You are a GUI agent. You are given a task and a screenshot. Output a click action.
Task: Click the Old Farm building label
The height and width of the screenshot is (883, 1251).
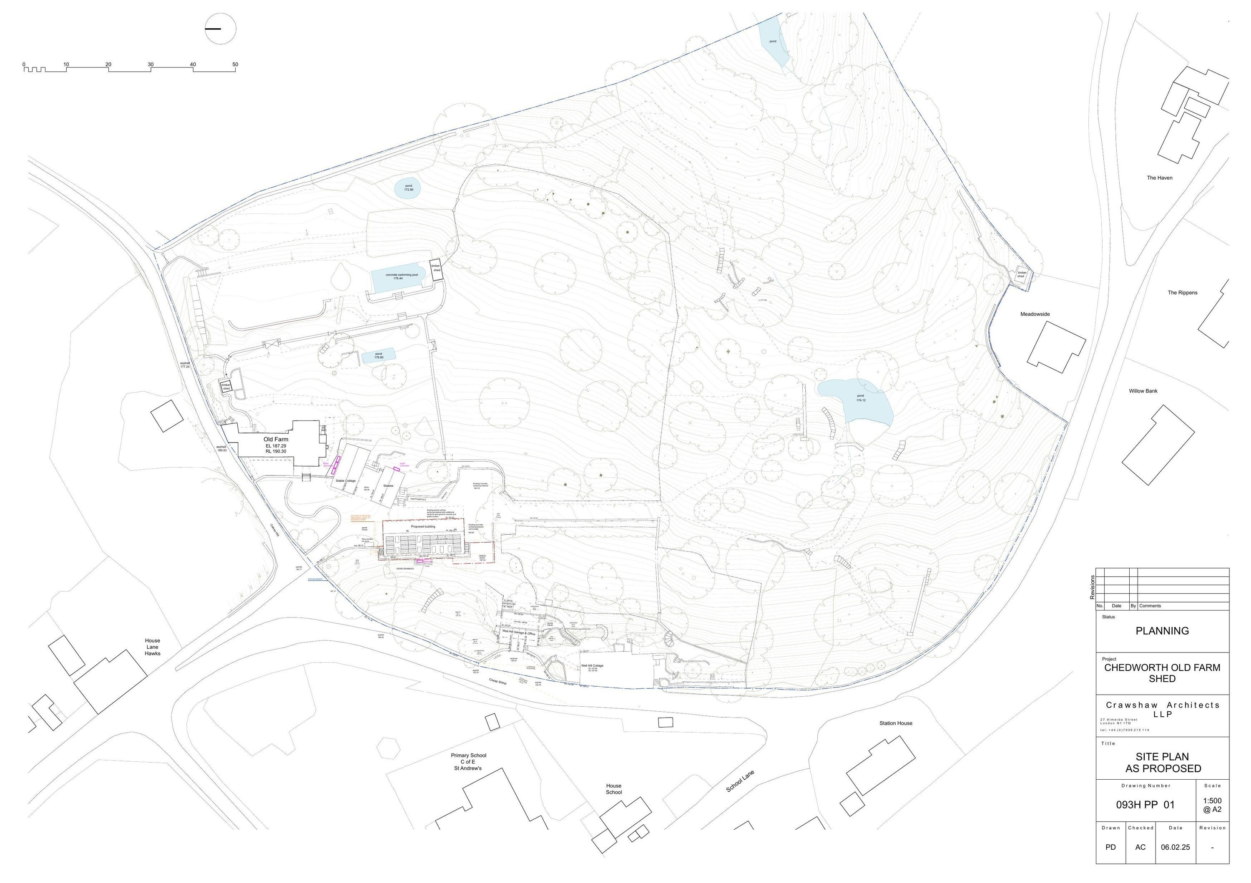(x=276, y=439)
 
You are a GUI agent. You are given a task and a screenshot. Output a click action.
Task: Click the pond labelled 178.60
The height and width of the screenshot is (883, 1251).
(x=378, y=356)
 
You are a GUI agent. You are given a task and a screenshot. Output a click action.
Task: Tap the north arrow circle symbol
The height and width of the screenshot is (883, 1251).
(x=220, y=28)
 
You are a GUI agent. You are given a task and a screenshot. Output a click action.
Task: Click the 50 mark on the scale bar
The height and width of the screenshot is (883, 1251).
(x=235, y=64)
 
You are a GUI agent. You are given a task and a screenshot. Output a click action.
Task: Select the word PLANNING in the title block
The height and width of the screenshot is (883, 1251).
(x=1162, y=631)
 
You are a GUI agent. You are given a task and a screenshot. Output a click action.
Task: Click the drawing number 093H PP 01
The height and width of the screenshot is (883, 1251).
(x=1145, y=804)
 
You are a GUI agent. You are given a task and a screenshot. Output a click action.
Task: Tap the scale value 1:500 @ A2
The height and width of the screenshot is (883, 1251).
(x=1212, y=805)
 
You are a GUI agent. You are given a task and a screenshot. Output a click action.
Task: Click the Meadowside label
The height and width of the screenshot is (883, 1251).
(x=1035, y=314)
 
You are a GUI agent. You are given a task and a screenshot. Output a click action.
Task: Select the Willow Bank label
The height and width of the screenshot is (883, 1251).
(x=1143, y=391)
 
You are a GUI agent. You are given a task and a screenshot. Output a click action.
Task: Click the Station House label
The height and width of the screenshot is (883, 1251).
(x=896, y=723)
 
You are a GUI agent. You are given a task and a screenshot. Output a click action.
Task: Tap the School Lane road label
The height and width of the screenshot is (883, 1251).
(x=740, y=781)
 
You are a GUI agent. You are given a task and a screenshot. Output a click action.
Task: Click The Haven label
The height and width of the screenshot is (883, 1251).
(x=1159, y=178)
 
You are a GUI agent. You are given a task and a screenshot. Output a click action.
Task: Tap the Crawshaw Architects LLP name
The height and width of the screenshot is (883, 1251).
(x=1162, y=709)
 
